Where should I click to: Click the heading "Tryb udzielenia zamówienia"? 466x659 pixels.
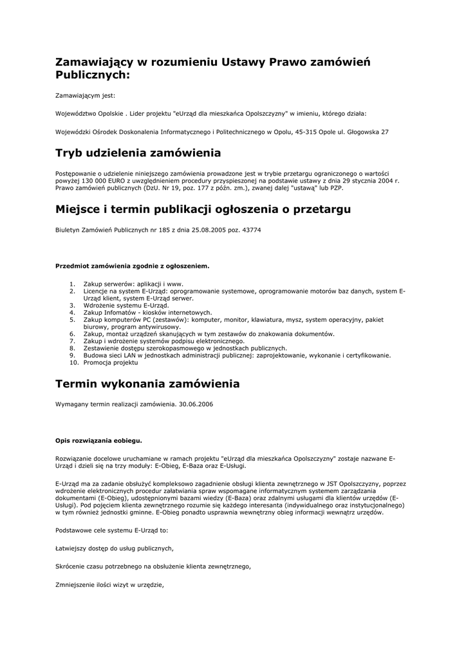pyautogui.click(x=138, y=153)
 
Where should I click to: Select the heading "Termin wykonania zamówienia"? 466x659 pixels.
pyautogui.click(x=147, y=384)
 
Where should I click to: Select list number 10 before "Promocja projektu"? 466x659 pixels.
pyautogui.click(x=73, y=363)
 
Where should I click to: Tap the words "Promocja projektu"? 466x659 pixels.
pyautogui.click(x=111, y=363)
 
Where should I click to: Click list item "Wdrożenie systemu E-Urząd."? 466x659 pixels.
pyautogui.click(x=126, y=306)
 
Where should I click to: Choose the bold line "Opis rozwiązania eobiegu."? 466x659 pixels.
pyautogui.click(x=98, y=441)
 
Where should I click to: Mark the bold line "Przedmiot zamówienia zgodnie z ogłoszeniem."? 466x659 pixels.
pyautogui.click(x=132, y=265)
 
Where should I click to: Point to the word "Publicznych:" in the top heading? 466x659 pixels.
pyautogui.click(x=93, y=75)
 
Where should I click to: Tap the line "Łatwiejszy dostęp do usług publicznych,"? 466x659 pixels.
pyautogui.click(x=115, y=548)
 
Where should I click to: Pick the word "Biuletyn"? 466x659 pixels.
pyautogui.click(x=68, y=230)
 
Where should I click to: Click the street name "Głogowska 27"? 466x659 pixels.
pyautogui.click(x=368, y=132)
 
